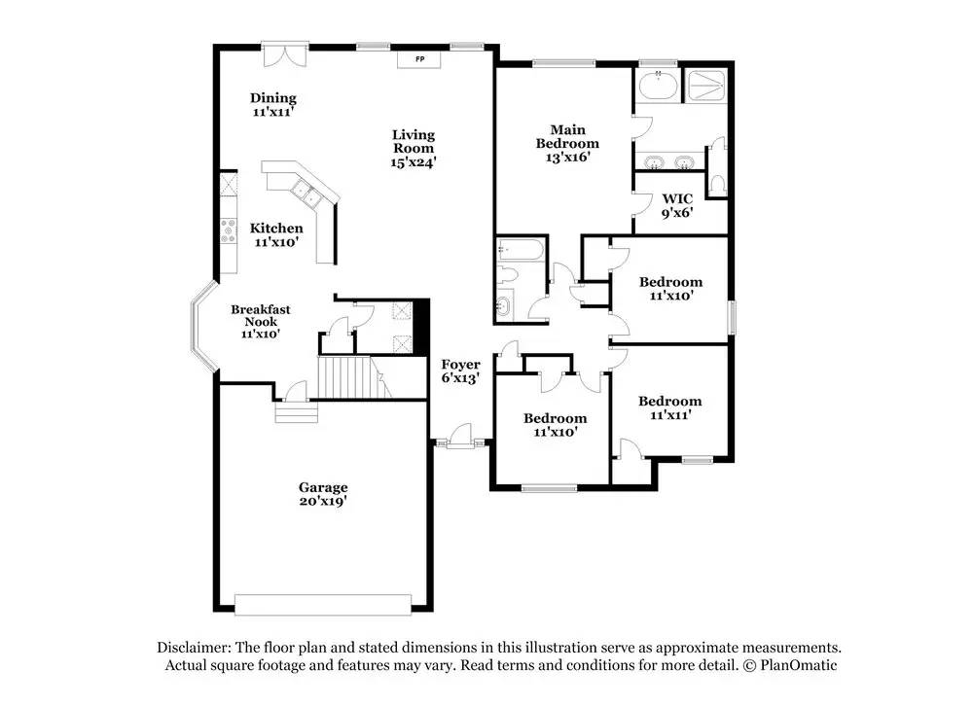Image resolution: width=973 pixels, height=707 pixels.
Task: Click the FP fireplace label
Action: coord(420,59)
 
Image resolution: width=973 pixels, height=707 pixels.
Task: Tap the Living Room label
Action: coord(414,141)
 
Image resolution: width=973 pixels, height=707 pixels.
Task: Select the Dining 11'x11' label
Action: coord(273,104)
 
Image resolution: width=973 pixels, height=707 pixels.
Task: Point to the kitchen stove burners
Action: coord(229,230)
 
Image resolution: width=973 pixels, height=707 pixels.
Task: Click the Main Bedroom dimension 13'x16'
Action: coord(567,157)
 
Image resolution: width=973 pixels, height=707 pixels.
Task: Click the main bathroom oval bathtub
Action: coord(658,85)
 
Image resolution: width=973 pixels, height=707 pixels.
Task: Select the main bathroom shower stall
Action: coord(706,87)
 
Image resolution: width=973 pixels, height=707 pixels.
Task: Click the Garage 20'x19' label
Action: coord(323,494)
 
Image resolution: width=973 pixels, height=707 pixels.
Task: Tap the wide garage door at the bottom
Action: coord(323,605)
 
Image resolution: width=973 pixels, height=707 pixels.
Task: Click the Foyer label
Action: coord(460,365)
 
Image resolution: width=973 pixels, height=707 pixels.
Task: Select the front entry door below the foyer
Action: coord(460,436)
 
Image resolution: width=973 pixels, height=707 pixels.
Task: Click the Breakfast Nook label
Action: coord(261,315)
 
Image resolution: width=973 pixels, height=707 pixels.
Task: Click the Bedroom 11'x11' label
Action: coord(670,407)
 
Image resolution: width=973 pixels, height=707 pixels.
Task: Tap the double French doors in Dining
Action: coord(284,54)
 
